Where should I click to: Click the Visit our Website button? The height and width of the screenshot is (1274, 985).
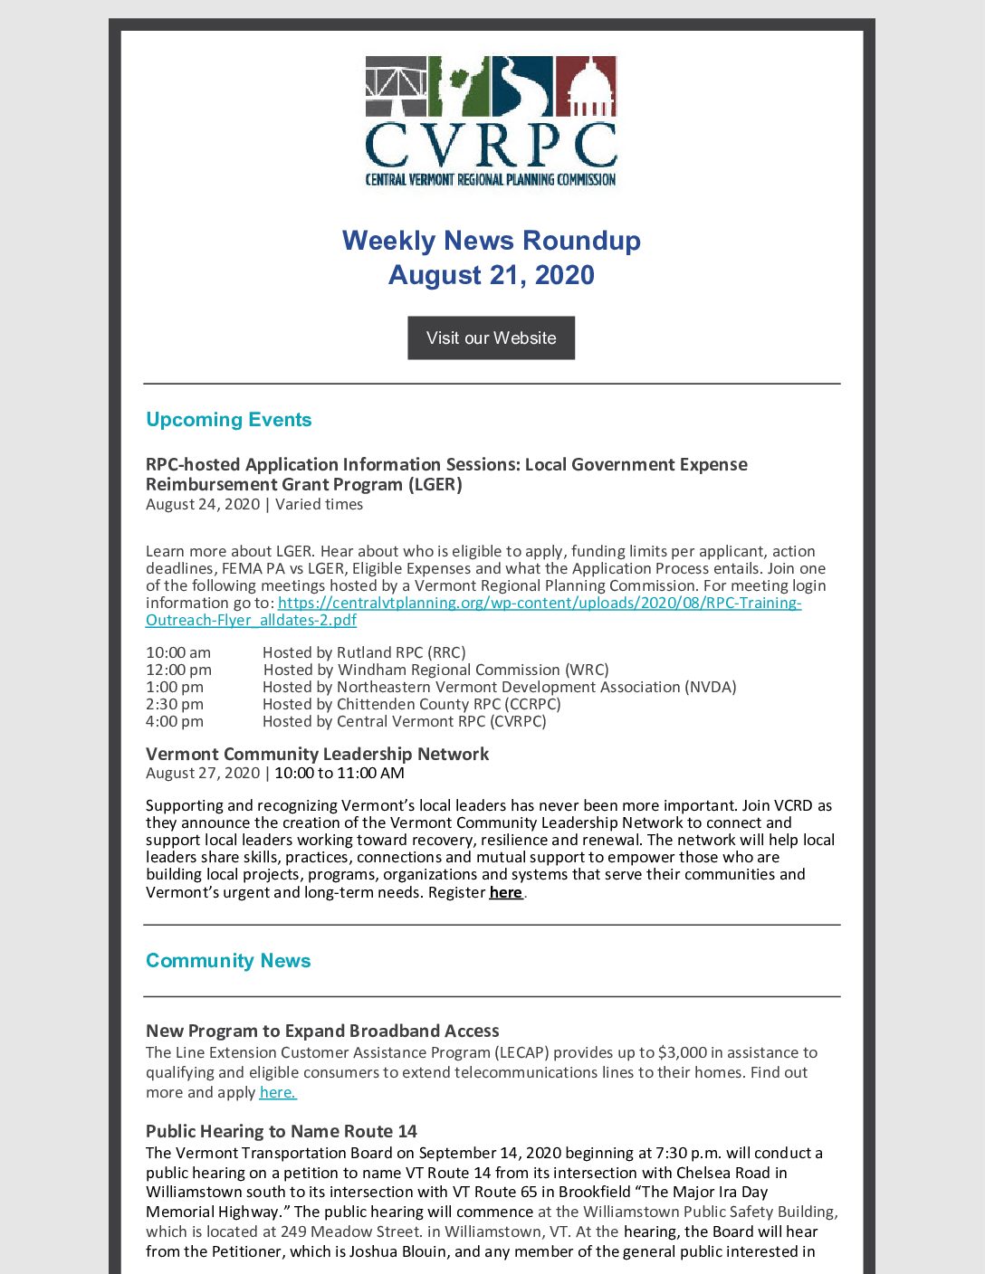point(491,338)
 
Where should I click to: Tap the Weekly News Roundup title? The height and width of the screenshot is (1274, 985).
point(491,241)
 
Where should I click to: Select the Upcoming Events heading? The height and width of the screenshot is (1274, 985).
point(228,420)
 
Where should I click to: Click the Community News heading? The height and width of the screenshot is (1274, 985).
point(228,961)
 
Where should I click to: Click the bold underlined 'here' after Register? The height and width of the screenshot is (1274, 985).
point(505,892)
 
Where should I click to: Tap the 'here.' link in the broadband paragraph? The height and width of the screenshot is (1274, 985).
point(278,1092)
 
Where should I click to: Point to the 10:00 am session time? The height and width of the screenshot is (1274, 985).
point(178,652)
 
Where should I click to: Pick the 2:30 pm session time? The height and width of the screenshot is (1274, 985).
point(175,704)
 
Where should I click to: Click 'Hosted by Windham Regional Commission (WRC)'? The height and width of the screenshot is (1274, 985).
point(435,670)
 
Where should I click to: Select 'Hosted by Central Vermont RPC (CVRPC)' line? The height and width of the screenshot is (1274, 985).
point(404,721)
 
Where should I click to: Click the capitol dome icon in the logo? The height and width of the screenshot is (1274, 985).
point(586,86)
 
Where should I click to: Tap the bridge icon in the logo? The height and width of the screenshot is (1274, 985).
point(396,86)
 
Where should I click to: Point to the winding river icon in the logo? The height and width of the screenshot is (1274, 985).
point(522,86)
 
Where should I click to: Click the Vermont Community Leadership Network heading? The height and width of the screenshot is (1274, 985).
point(317,754)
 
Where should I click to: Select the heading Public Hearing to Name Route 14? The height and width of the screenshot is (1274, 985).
point(281,1131)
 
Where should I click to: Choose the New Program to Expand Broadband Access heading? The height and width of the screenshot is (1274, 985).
point(322,1031)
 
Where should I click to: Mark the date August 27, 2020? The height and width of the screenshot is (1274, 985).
point(203,774)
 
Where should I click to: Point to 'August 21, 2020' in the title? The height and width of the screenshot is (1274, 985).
point(491,275)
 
